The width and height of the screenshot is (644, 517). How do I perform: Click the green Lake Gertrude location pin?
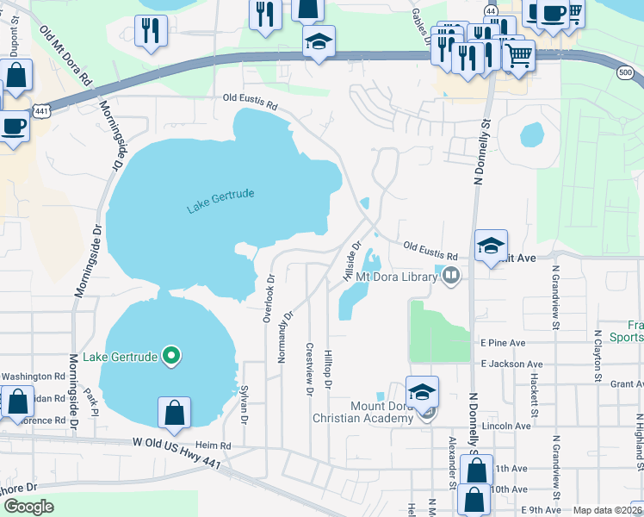(171, 355)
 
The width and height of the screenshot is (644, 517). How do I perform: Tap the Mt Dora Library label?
(397, 277)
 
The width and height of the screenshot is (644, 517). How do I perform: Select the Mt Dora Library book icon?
(451, 277)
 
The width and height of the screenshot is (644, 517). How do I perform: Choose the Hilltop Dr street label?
(328, 370)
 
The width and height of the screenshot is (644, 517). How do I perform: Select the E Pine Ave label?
(503, 342)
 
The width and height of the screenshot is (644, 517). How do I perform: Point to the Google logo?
(29, 506)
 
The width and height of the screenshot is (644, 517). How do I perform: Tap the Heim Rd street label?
(214, 445)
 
